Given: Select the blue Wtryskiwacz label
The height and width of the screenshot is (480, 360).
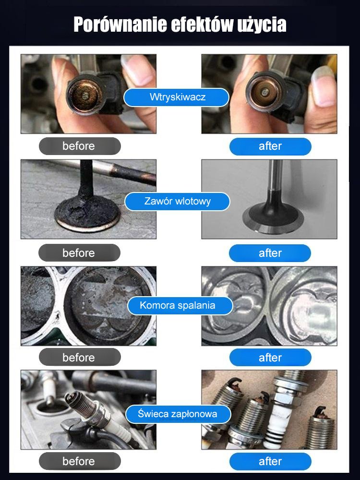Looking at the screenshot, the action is (176, 97).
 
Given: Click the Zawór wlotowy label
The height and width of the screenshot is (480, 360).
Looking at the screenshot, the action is (177, 202).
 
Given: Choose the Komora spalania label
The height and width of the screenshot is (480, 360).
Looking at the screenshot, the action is (180, 305).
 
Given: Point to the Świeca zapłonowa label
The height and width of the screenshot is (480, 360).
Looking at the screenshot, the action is (178, 414).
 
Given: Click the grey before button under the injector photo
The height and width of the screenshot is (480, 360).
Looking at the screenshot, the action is (80, 146).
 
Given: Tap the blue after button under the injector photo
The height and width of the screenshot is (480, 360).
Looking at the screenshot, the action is (270, 146).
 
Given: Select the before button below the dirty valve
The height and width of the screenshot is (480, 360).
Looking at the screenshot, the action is (79, 253).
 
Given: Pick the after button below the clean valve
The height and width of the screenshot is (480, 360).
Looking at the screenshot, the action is (270, 253).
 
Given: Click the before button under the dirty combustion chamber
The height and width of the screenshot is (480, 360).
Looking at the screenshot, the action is (80, 357).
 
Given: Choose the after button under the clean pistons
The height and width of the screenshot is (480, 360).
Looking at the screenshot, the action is (270, 358).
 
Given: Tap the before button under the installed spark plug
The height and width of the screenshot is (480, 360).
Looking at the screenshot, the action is (80, 461).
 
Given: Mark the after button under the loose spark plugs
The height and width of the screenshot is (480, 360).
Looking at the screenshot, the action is (270, 461).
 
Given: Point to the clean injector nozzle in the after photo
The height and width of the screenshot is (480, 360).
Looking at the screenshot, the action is (263, 91).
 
